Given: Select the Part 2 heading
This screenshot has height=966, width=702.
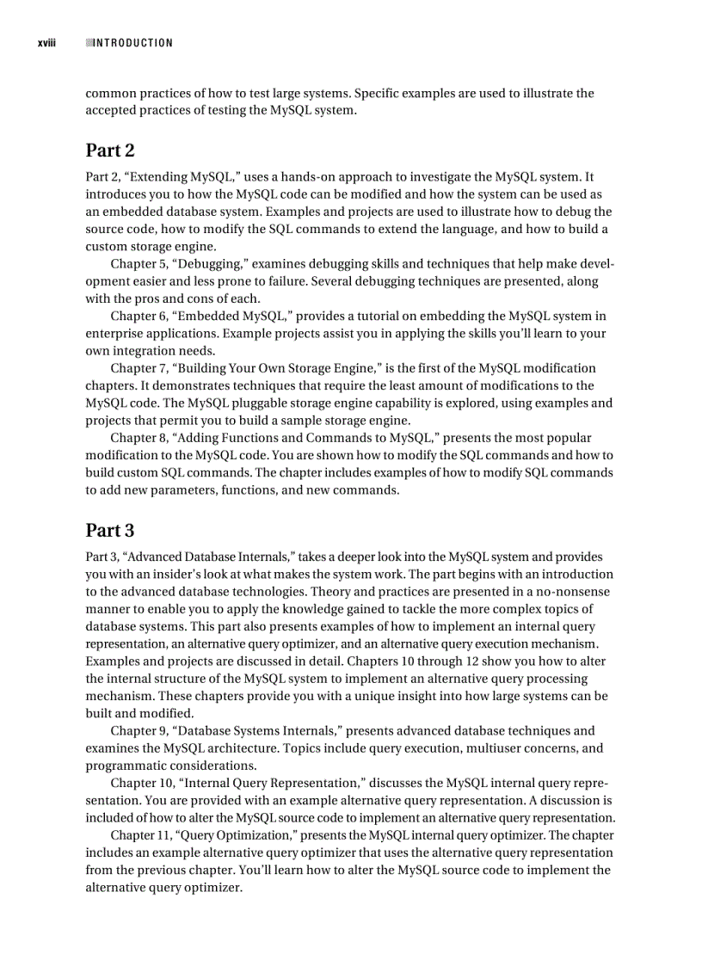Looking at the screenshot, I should pyautogui.click(x=110, y=151).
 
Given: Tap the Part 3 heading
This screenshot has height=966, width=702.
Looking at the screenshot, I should pyautogui.click(x=110, y=530).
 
